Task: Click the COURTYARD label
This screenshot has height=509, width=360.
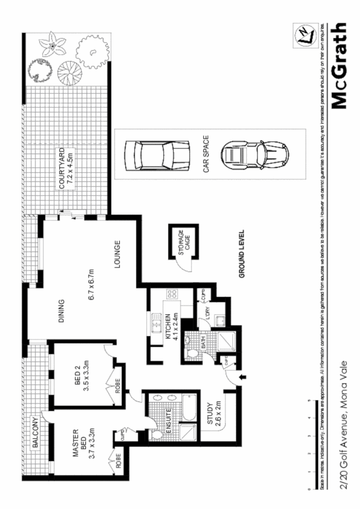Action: pos(61,168)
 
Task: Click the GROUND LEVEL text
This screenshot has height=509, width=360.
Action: pos(243,253)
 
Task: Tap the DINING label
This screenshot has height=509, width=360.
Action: pos(61,309)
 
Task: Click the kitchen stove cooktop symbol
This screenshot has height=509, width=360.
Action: pos(172,294)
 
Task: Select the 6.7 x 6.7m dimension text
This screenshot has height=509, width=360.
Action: pos(92,284)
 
